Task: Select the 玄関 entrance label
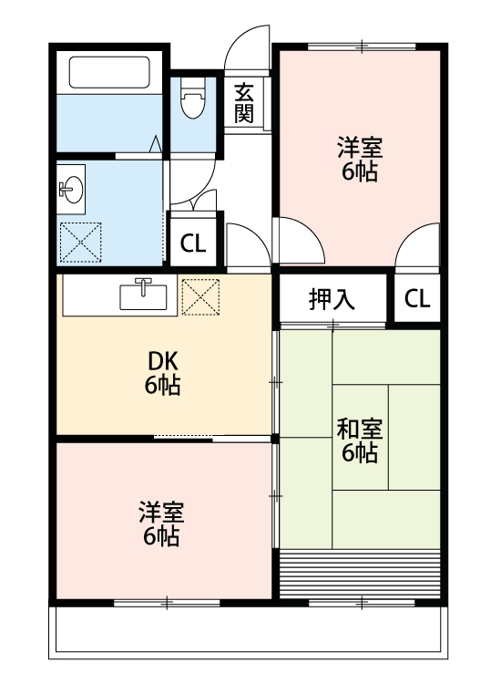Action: tap(244, 103)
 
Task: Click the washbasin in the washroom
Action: tap(71, 189)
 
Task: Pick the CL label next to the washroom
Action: tap(192, 244)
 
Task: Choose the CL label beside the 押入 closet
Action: tap(417, 299)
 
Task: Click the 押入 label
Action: tap(332, 299)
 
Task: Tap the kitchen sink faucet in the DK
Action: tap(144, 285)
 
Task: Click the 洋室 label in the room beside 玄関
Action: tap(360, 146)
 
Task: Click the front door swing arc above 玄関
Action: tap(247, 46)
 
